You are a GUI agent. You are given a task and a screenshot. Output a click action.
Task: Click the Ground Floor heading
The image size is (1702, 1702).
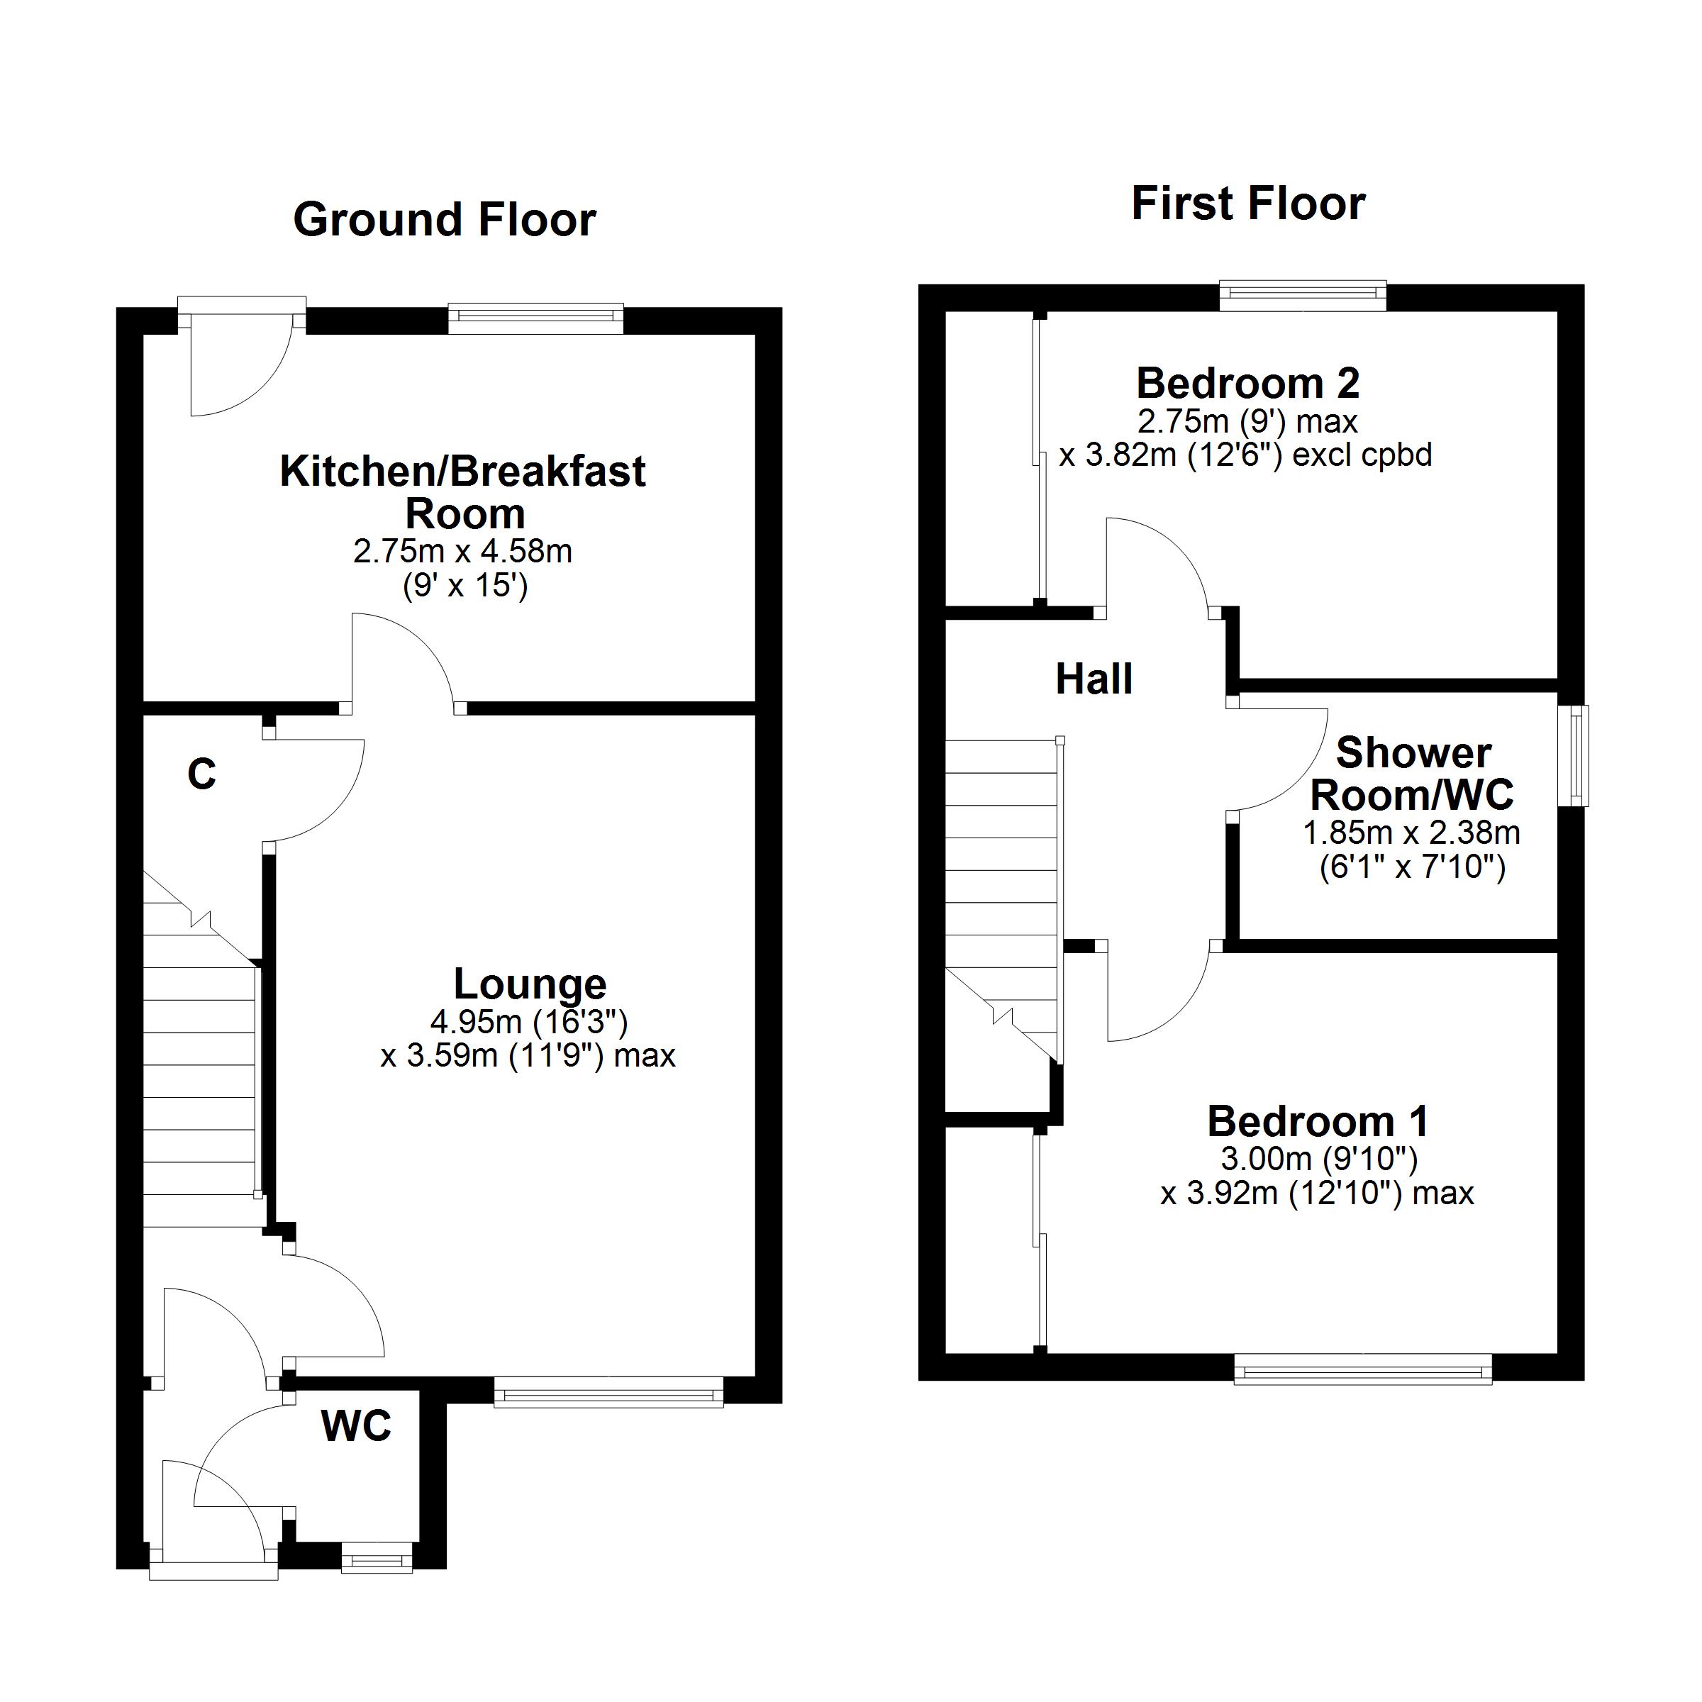(x=445, y=219)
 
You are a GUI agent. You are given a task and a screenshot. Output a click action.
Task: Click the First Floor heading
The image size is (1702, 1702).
(x=1248, y=204)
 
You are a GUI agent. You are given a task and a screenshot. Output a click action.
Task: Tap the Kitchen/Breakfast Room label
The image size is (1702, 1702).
(x=463, y=491)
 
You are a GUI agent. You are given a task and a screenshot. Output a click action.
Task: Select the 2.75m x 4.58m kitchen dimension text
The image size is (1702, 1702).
(x=463, y=552)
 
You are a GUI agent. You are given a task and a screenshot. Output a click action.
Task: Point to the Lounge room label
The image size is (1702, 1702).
(x=530, y=983)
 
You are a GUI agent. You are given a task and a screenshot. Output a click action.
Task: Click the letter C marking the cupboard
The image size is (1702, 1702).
(x=201, y=774)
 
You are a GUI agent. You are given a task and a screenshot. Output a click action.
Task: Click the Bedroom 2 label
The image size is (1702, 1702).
(x=1248, y=383)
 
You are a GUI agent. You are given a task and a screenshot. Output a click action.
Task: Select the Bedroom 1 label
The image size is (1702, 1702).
(x=1318, y=1121)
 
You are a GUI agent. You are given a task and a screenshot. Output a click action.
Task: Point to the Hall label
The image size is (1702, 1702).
(x=1094, y=679)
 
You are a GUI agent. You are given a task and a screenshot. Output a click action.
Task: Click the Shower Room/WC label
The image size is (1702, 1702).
(x=1412, y=774)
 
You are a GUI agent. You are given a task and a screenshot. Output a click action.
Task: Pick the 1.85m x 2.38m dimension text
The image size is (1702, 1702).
(x=1412, y=833)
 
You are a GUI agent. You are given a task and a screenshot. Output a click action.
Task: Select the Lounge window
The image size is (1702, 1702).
(x=608, y=1392)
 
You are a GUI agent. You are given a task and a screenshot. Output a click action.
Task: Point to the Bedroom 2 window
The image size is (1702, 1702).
(x=1303, y=296)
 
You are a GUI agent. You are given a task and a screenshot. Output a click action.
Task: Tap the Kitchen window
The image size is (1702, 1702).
(x=535, y=319)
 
